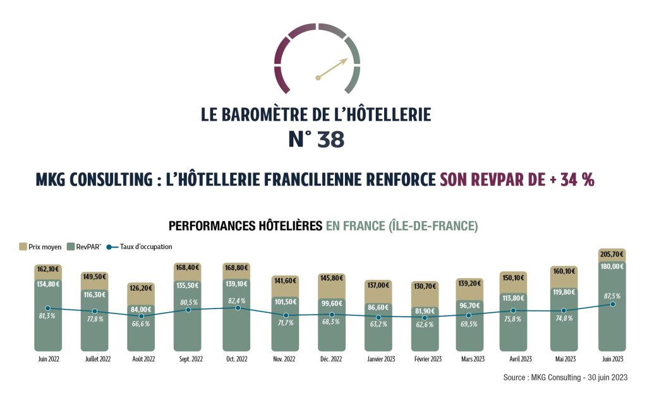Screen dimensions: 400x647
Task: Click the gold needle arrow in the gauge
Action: pyautogui.click(x=332, y=70)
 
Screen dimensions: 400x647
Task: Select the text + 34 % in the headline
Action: pyautogui.click(x=572, y=179)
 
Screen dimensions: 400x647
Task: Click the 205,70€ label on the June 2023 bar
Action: pyautogui.click(x=612, y=253)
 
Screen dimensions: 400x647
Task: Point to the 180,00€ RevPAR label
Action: pyautogui.click(x=612, y=266)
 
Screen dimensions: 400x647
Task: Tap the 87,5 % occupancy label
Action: pyautogui.click(x=612, y=295)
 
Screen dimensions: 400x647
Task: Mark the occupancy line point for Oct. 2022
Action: pyautogui.click(x=238, y=308)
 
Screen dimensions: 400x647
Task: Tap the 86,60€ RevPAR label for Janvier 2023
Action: pyautogui.click(x=378, y=306)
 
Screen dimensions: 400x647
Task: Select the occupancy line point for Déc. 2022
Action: pyautogui.click(x=332, y=315)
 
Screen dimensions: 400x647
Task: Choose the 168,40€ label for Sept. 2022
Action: pyautogui.click(x=188, y=267)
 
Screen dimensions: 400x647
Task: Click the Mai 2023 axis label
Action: pyautogui.click(x=564, y=359)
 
